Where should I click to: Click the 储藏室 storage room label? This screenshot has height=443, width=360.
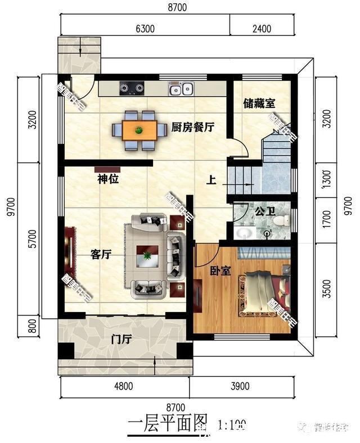[x=259, y=104]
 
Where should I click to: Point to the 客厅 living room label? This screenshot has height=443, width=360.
[x=101, y=255]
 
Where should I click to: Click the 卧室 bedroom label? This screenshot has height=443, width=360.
[x=221, y=270]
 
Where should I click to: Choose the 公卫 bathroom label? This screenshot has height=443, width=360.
[x=264, y=212]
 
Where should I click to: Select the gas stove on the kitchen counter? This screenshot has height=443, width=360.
[x=131, y=88]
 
